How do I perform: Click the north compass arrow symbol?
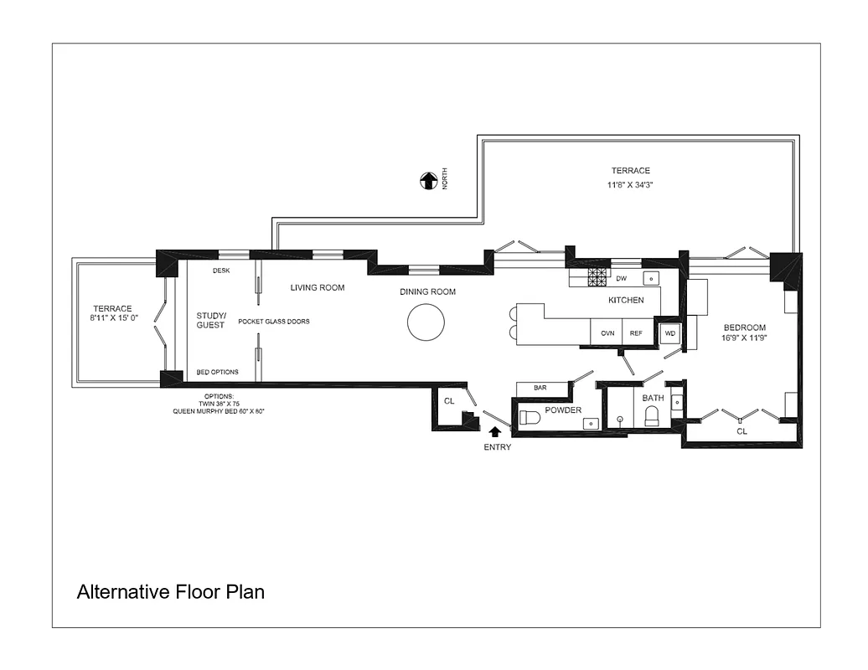429,180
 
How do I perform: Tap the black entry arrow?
494,431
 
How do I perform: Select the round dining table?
426,322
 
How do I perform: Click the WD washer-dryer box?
669,333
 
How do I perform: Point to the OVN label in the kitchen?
607,333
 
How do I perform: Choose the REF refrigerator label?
636,333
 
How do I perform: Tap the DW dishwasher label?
621,278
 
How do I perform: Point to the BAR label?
540,389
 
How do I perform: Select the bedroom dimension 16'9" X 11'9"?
744,338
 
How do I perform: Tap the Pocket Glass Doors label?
274,322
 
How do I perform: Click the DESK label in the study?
220,271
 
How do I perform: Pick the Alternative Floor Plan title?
171,592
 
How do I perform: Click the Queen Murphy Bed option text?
219,411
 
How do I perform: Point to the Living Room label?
318,287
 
